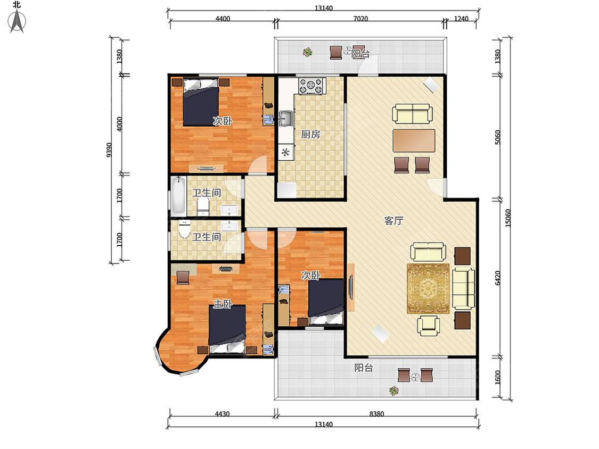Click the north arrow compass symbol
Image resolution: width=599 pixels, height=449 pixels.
[17, 21]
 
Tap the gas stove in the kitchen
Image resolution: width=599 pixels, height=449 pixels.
[312, 86]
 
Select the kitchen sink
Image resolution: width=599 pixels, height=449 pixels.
[285, 118]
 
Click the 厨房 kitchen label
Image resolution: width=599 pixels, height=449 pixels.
[310, 135]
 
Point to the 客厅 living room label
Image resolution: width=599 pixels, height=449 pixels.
[393, 221]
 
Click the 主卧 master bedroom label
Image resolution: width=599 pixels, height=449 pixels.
[223, 304]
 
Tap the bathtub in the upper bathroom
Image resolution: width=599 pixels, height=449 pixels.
[178, 195]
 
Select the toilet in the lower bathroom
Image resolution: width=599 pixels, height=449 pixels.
[185, 229]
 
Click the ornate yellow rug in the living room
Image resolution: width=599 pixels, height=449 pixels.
[428, 289]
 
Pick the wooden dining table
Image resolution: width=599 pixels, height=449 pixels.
[414, 140]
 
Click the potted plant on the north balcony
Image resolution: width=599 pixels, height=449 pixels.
[307, 52]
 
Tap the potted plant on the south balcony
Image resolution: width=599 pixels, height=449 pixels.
[394, 390]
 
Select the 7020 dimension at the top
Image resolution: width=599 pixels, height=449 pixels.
[360, 19]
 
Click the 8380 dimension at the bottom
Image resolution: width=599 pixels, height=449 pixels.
[376, 414]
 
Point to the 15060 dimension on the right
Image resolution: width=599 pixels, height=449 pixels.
[508, 218]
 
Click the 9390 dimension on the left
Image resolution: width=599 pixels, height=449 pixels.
[109, 150]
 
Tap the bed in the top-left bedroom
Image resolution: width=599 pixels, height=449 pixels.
[201, 102]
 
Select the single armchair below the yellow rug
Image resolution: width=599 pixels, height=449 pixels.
[428, 326]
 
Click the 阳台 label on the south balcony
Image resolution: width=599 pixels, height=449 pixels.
[363, 368]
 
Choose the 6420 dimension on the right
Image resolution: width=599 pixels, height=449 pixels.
[497, 278]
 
